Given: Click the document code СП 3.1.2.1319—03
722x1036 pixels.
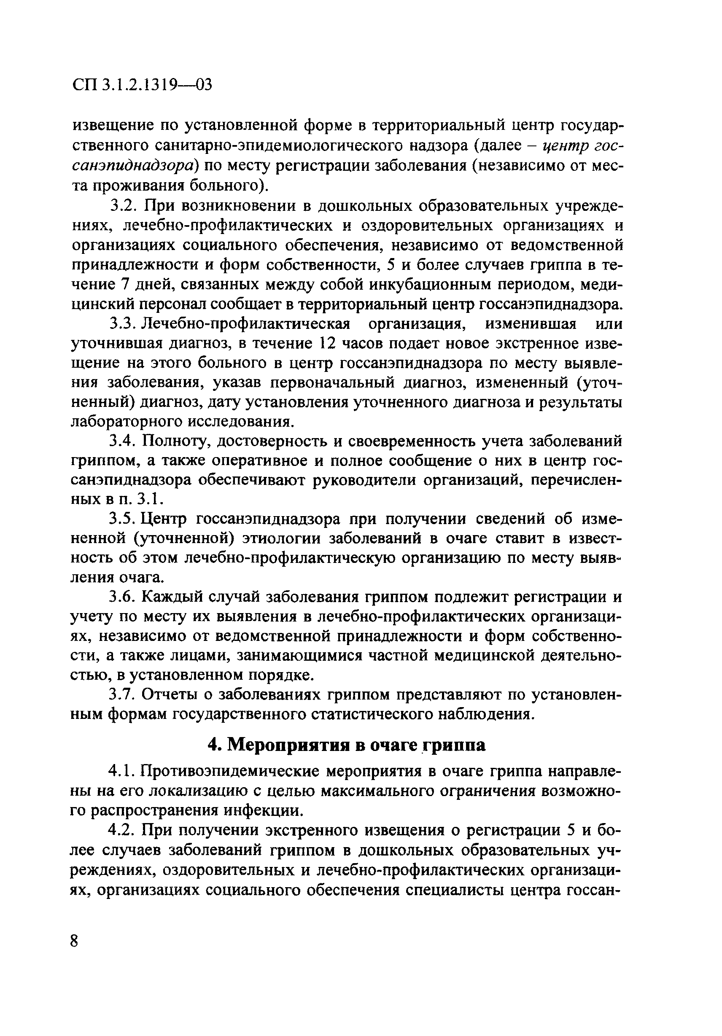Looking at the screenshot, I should pos(141,85).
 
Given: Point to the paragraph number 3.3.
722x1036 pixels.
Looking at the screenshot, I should pos(123,324).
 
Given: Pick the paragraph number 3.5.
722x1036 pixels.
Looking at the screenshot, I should pos(123,519).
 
